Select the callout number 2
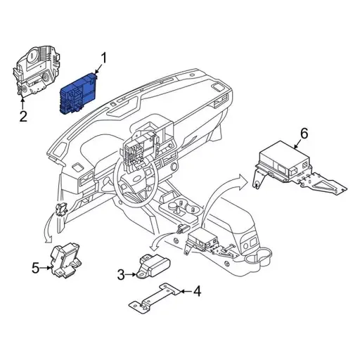(22, 117)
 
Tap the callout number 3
(121, 275)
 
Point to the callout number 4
(197, 290)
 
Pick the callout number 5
(35, 266)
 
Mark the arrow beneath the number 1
(98, 70)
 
